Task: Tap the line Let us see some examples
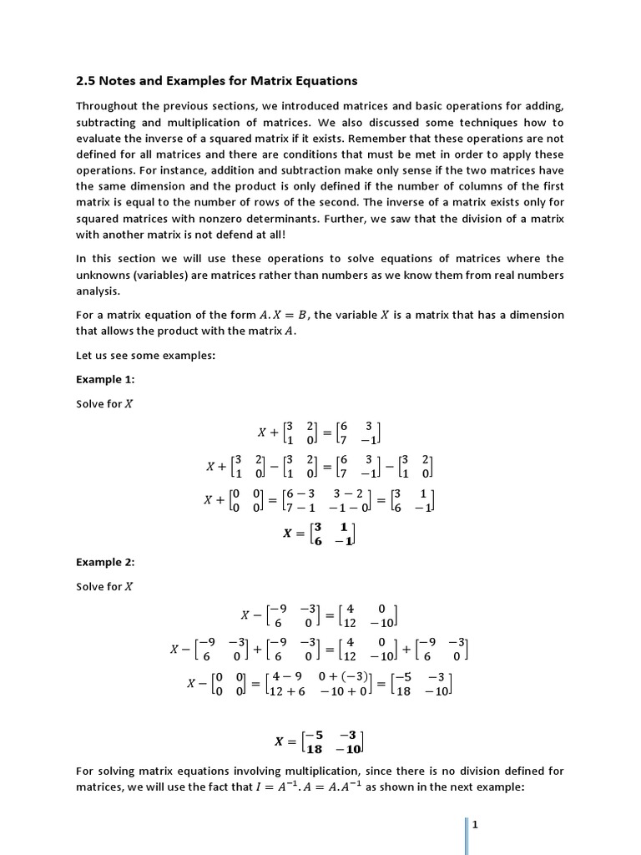click(x=146, y=355)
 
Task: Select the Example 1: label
click(x=105, y=379)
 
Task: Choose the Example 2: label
click(x=105, y=562)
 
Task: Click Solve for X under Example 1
click(x=104, y=404)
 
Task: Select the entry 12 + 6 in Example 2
click(x=287, y=692)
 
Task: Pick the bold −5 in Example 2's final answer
click(x=314, y=735)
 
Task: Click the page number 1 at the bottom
click(x=474, y=825)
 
